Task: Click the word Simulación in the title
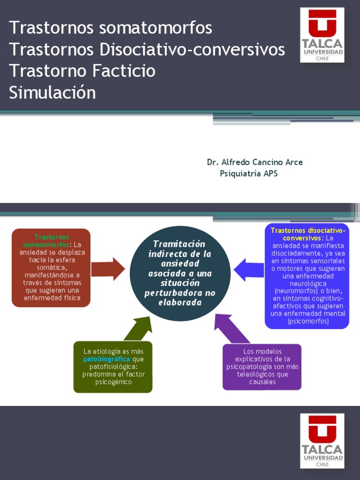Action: [52, 92]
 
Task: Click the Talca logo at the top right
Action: [322, 35]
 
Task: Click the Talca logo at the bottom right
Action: [322, 440]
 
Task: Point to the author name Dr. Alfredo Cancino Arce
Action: [255, 162]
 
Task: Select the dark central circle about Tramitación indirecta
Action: [180, 274]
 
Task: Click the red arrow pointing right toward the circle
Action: [108, 269]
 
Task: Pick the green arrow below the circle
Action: [138, 328]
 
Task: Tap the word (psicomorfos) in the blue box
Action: [307, 322]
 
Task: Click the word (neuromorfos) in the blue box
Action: [293, 291]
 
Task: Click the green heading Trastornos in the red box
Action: [52, 237]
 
